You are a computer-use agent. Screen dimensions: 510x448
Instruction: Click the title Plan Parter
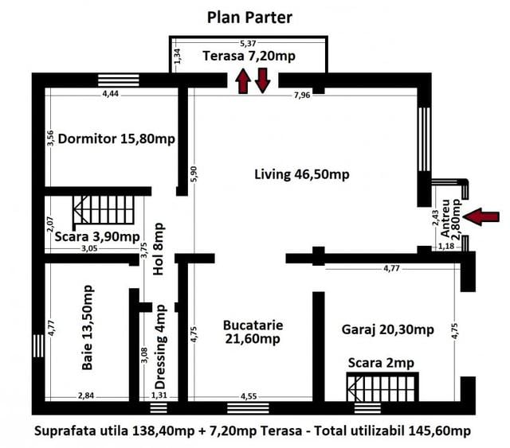[249, 18]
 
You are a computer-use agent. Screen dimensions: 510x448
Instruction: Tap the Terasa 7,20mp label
[249, 56]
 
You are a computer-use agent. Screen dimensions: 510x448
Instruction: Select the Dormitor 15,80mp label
[116, 139]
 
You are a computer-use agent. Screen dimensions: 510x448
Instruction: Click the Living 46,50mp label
[302, 174]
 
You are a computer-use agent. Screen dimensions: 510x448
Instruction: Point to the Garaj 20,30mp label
[388, 329]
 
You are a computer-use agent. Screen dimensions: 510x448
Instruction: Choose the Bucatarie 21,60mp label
[253, 332]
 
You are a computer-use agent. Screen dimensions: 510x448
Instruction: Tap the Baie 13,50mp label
[88, 328]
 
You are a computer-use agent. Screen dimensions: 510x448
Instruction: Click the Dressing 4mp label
[160, 347]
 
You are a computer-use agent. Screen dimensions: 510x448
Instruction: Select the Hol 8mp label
[159, 249]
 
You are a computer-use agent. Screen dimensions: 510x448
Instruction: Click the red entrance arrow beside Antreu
[481, 216]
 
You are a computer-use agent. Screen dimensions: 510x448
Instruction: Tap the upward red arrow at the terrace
[243, 81]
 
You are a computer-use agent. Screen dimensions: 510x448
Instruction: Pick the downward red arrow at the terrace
[262, 80]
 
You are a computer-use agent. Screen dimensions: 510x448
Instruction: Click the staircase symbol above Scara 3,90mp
[104, 210]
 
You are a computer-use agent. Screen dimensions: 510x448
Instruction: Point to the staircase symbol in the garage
[382, 388]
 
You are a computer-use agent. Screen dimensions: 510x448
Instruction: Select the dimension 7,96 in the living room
[302, 95]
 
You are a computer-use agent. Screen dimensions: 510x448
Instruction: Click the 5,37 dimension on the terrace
[248, 43]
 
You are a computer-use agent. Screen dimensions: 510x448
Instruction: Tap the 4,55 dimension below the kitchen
[249, 396]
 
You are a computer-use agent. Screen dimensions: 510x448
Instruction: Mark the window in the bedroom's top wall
[119, 80]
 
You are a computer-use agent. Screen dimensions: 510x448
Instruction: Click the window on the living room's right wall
[425, 139]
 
